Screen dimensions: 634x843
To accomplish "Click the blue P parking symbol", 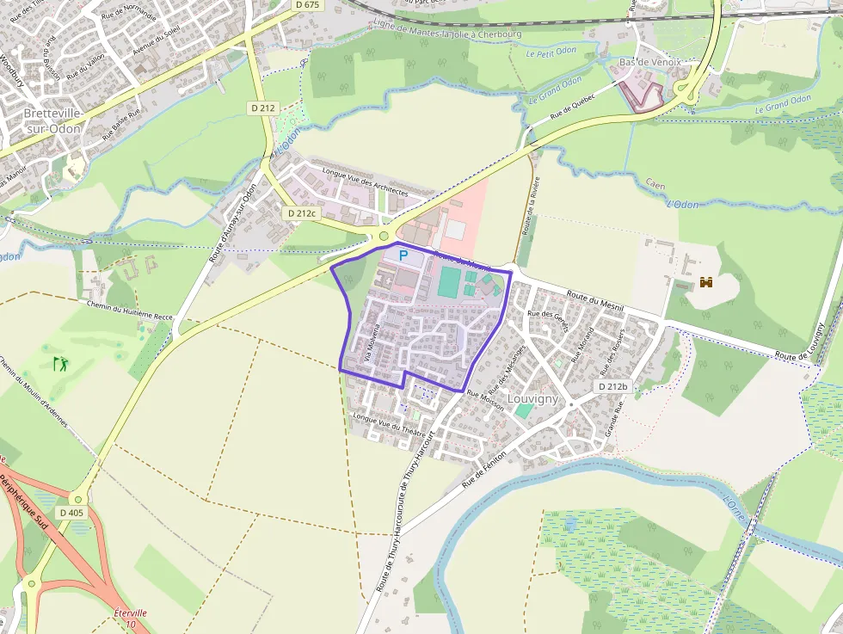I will coord(402,256).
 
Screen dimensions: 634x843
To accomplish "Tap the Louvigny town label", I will coord(532,399).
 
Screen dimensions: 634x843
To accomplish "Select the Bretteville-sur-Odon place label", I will coord(52,120).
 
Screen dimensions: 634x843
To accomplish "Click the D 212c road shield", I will coord(302,212).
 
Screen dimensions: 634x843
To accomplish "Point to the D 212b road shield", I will coord(614,387).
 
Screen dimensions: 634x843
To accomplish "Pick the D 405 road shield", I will coord(72,513).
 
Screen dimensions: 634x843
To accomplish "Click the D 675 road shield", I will coord(305,5).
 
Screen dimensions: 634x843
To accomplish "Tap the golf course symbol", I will coord(60,364).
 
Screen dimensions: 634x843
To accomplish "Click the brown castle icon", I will coord(706,281).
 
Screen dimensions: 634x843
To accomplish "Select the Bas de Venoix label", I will coord(649,62).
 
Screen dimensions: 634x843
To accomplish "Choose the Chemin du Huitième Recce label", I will coord(129,311).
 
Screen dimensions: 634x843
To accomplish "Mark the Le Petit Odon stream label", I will coord(552,52).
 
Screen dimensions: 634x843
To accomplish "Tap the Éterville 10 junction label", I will coord(131,618).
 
